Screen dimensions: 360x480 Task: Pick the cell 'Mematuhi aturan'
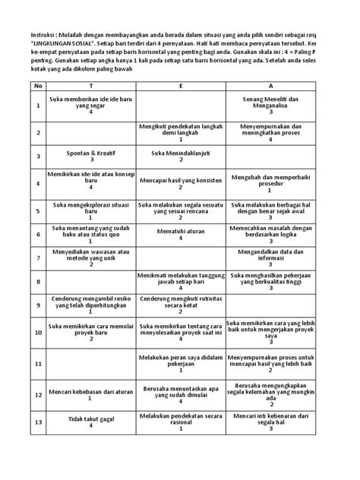[181, 235]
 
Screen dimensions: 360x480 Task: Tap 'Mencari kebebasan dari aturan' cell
[90, 396]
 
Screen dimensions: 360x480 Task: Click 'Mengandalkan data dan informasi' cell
[271, 258]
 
